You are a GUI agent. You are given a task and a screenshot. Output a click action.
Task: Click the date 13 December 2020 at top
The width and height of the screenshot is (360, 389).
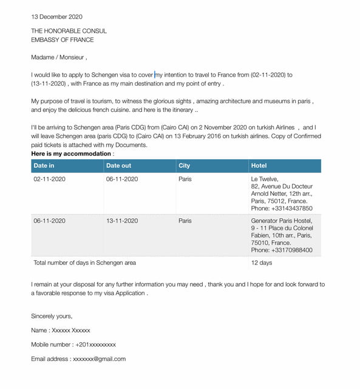coord(56,16)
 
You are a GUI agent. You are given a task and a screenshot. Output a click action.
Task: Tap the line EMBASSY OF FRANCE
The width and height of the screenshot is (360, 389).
coord(63,40)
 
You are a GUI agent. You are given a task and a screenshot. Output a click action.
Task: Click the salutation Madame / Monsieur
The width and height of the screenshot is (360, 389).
coord(59,58)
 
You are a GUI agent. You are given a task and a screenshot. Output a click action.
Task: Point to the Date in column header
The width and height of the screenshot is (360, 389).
coord(44,165)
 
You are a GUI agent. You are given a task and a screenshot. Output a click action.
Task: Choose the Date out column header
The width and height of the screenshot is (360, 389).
coord(118,165)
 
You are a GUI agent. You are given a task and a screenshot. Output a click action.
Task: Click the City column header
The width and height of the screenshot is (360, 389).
coord(184,165)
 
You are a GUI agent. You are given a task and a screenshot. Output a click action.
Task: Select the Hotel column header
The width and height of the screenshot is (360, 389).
coord(259,165)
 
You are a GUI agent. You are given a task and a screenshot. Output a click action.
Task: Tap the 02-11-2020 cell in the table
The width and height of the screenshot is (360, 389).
coord(49,179)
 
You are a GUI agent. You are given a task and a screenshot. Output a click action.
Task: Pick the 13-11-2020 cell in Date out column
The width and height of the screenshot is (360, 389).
coord(122,221)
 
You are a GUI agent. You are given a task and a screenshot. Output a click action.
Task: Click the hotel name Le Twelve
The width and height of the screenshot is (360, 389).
coord(265,179)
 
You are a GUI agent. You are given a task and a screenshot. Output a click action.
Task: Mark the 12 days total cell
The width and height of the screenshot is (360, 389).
coord(261,263)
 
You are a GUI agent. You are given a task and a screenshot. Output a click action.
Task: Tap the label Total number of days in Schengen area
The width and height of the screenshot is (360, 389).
coord(85,263)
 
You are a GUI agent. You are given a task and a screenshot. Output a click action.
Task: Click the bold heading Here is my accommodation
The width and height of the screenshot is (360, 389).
coord(72,154)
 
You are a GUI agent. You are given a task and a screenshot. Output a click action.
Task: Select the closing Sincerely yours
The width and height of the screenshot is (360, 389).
coord(52,316)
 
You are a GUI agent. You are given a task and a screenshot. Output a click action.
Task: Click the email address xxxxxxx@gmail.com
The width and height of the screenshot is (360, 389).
coord(99,359)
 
